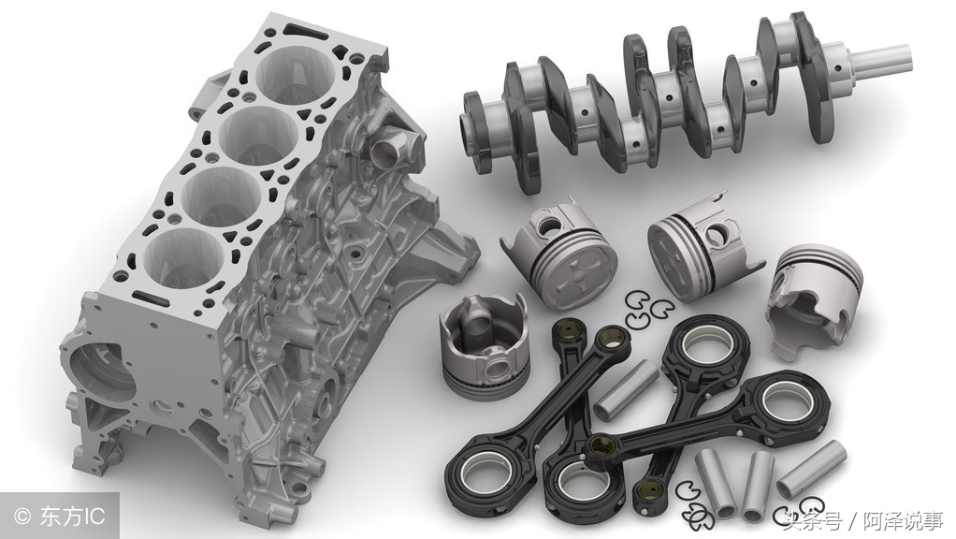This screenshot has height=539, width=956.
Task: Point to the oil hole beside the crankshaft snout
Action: (x=840, y=67)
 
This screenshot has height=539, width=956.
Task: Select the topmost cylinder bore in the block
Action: (x=297, y=73)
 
